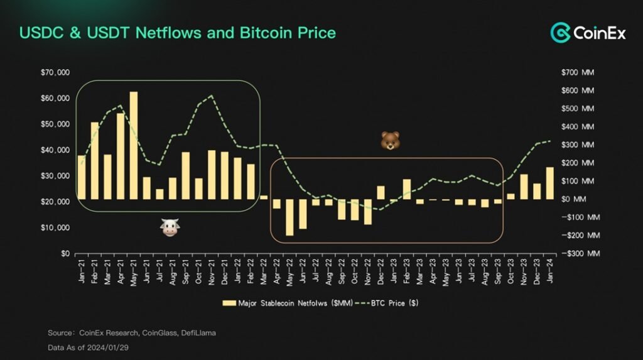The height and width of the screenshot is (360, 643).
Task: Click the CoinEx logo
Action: (588, 32)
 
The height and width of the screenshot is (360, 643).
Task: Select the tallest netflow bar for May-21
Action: (133, 145)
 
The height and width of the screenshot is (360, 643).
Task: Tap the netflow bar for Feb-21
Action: (94, 160)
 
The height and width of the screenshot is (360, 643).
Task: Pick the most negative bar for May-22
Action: (289, 217)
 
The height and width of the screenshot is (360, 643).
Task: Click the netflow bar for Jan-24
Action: (550, 183)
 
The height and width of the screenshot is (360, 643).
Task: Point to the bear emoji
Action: (390, 141)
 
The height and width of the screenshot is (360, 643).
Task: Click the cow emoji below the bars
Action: (170, 228)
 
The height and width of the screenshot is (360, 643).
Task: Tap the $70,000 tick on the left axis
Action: (55, 73)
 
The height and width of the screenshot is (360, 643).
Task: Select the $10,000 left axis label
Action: (55, 228)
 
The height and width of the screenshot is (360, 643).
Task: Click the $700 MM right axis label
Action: (578, 73)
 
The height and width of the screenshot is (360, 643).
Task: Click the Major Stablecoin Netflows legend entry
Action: (283, 303)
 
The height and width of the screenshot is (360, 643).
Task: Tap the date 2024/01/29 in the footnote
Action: (105, 346)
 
